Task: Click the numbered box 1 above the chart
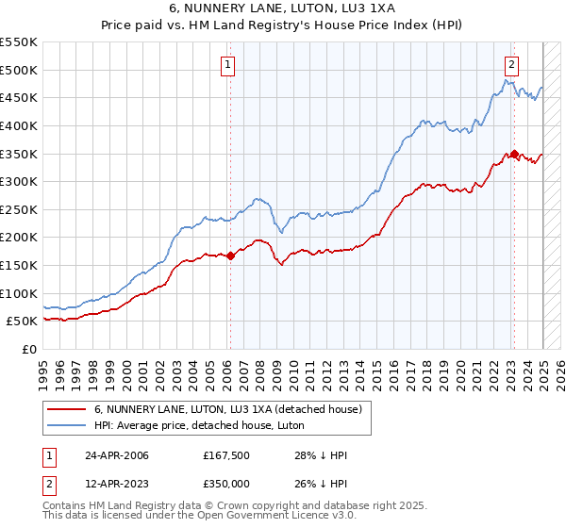tap(229, 65)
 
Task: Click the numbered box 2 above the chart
tap(510, 65)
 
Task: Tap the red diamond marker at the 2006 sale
tap(230, 255)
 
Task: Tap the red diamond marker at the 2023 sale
tap(514, 153)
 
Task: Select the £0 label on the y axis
tap(27, 349)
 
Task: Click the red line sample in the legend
tap(67, 408)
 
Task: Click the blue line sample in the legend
tap(67, 426)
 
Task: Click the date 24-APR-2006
tap(116, 455)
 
